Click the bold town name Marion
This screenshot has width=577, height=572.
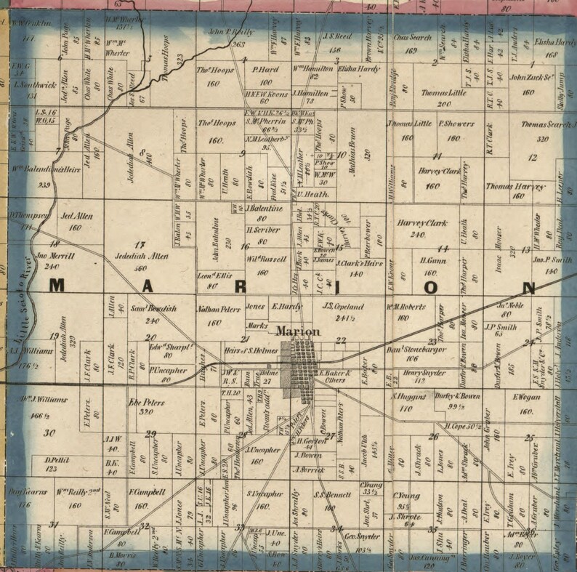tap(298, 331)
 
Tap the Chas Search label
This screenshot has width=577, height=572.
tap(411, 36)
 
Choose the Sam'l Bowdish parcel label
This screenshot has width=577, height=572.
tap(153, 310)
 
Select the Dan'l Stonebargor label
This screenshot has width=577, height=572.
tap(411, 349)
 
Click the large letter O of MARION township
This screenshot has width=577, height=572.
tap(430, 286)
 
